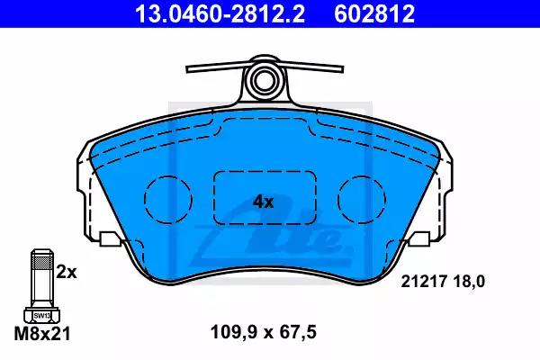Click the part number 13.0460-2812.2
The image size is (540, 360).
pyautogui.click(x=220, y=13)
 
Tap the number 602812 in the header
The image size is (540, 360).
pyautogui.click(x=374, y=13)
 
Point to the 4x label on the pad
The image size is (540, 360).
pyautogui.click(x=264, y=202)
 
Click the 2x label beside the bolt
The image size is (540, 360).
pyautogui.click(x=67, y=273)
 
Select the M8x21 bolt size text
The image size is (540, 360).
pyautogui.click(x=42, y=334)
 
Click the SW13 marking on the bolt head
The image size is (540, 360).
pyautogui.click(x=42, y=315)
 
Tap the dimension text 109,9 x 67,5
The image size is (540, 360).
pyautogui.click(x=264, y=333)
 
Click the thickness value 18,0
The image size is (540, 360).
pyautogui.click(x=469, y=282)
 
